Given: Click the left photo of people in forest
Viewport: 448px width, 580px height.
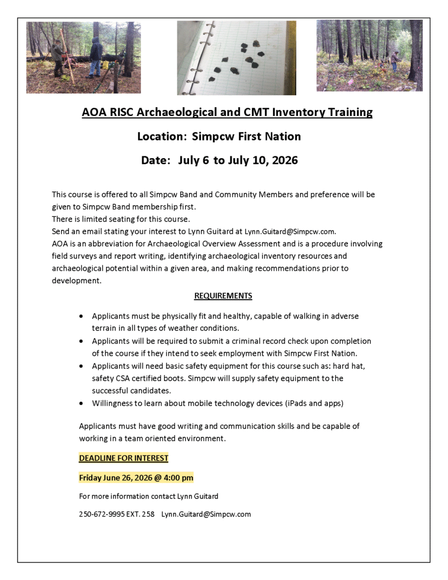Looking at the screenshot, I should coord(83,57).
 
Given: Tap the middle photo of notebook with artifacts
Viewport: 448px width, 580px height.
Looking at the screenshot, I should coord(236,58).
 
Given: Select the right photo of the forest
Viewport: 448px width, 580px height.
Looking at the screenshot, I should coord(369,56).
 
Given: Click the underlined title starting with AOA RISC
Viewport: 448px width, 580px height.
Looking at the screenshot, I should coord(227,112).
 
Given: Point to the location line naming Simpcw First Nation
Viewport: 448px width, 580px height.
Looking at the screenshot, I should coord(219,137).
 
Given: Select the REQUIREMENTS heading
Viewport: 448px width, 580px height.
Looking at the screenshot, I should coord(223,296).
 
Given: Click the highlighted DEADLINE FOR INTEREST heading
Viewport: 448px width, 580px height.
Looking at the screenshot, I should coord(123,458).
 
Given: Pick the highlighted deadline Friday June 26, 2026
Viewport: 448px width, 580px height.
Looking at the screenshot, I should coord(136,477).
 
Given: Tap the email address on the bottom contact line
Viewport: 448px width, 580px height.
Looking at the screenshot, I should coord(206,514).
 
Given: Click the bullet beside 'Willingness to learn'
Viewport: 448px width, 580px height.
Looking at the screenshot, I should coord(83,404).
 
